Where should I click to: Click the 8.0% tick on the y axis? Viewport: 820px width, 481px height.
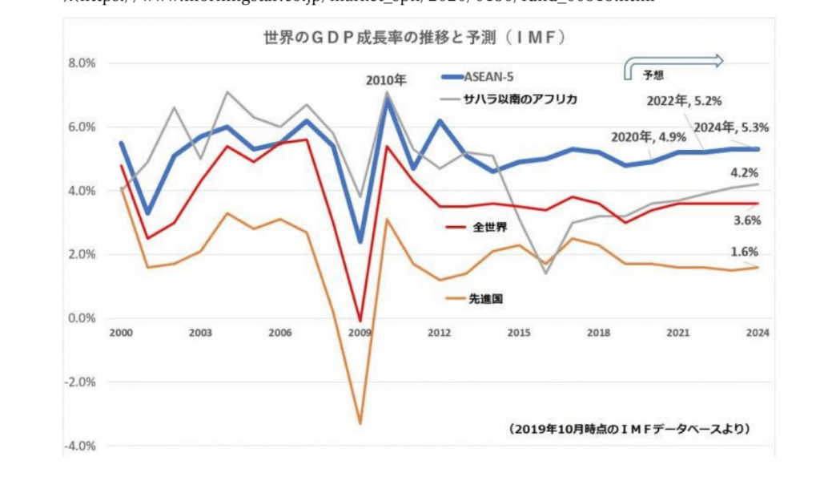click(x=81, y=63)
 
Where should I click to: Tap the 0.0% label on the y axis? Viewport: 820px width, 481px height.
click(x=81, y=318)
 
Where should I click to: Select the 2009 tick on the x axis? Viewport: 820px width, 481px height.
click(x=360, y=333)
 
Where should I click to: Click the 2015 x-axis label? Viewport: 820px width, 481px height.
click(x=518, y=333)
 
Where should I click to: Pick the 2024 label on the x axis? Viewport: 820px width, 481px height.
click(x=756, y=333)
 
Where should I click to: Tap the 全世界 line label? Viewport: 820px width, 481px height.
click(x=488, y=228)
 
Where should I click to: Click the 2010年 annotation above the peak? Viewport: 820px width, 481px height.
click(x=387, y=80)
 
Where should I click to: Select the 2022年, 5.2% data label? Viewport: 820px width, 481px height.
click(x=685, y=101)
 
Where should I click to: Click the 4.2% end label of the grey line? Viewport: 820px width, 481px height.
click(x=745, y=172)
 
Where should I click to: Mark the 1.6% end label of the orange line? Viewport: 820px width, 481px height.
click(x=745, y=252)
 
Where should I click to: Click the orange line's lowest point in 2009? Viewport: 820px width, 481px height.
click(x=360, y=423)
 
